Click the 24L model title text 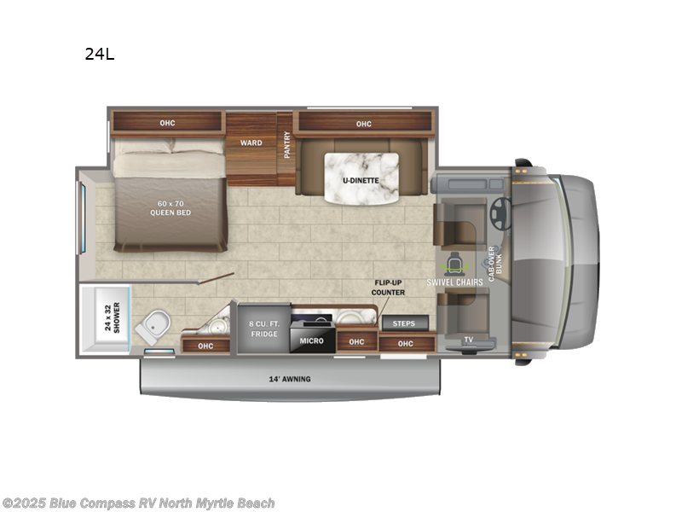99,55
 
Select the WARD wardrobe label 251,143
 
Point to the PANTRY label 287,144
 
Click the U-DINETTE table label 362,180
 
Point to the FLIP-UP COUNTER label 388,287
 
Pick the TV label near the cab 469,340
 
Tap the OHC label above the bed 167,124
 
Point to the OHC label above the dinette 364,124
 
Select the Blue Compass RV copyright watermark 139,503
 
